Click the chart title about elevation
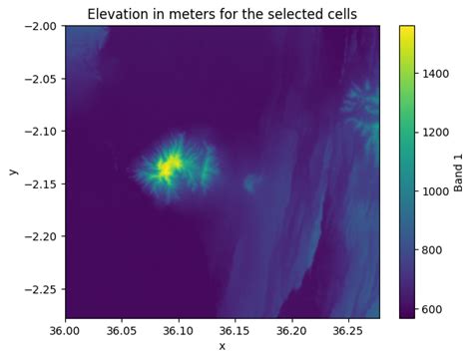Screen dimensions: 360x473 click(222, 13)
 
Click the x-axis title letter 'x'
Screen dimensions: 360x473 click(222, 347)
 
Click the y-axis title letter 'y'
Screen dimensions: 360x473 click(13, 172)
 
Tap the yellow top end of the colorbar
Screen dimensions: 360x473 click(407, 30)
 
